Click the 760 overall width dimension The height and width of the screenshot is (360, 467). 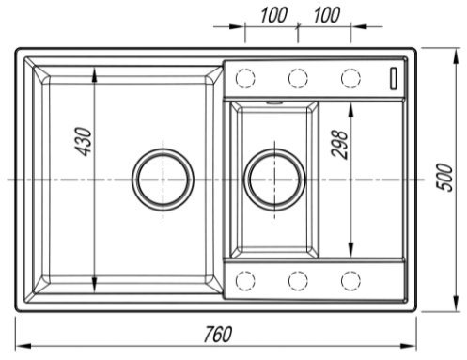pyautogui.click(x=218, y=335)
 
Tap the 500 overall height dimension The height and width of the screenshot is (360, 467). pyautogui.click(x=444, y=178)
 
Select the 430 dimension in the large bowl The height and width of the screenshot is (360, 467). pyautogui.click(x=84, y=142)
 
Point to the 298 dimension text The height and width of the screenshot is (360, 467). pyautogui.click(x=339, y=145)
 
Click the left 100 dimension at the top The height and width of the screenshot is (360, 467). pyautogui.click(x=273, y=16)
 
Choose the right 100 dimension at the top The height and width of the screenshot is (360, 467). pyautogui.click(x=326, y=16)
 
